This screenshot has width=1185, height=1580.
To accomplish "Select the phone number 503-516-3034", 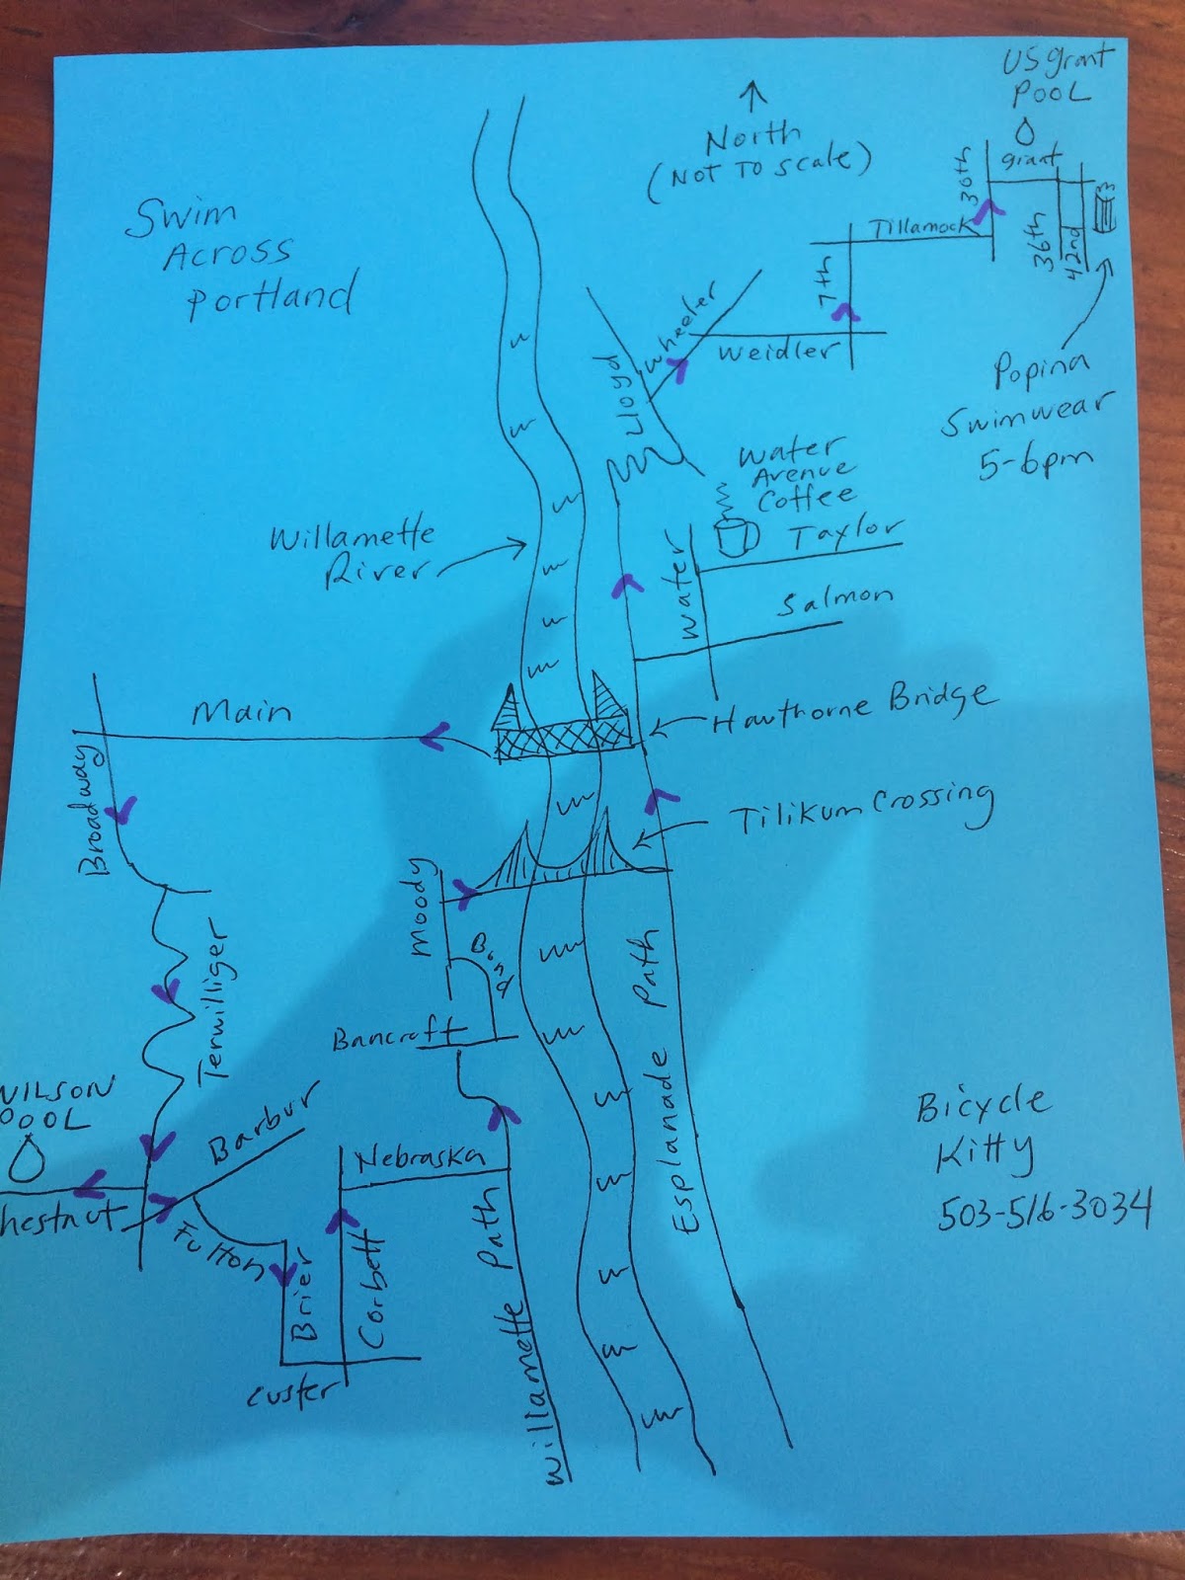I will point(1043,1210).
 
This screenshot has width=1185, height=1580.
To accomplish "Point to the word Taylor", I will point(844,534).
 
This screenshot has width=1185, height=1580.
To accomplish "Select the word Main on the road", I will point(241,712).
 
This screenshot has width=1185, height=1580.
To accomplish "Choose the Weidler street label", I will point(776,351).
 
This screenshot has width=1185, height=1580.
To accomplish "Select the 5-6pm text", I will point(1036,463).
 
